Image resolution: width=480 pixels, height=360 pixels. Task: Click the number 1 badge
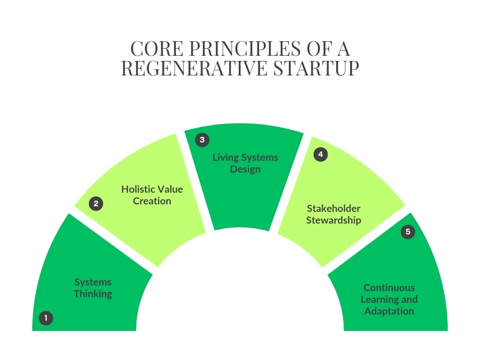[x=46, y=318]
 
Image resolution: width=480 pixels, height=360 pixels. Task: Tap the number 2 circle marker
[x=96, y=203]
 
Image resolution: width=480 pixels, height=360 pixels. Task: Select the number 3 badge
[x=202, y=140]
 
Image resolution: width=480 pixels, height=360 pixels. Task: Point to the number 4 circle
[x=321, y=154]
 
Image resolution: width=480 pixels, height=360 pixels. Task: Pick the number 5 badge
[x=408, y=232]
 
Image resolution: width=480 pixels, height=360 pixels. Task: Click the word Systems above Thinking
[x=93, y=282]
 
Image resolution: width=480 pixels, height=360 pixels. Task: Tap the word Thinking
[x=93, y=294]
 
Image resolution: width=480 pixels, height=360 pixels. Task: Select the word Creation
[x=152, y=201]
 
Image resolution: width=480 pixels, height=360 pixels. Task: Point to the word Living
[x=225, y=157]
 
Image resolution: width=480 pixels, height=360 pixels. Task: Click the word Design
[x=245, y=169]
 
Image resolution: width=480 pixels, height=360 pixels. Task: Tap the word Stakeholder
[x=333, y=209]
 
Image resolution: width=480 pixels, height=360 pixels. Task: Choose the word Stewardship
[x=333, y=220]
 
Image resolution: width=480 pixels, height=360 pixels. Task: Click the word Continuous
[x=389, y=288]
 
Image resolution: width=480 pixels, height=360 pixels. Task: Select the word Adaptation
[x=389, y=311]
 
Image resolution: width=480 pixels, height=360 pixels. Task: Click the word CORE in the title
[x=157, y=49]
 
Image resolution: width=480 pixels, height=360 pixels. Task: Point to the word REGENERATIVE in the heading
[x=195, y=68]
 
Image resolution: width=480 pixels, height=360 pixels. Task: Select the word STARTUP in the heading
[x=316, y=68]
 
